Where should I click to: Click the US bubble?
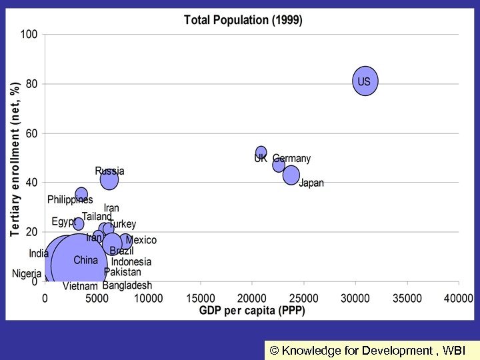pos(365,81)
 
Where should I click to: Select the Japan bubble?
pos(291,175)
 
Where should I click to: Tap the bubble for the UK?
pos(261,153)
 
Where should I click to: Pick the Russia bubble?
pos(109,179)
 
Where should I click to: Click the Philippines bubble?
pos(81,195)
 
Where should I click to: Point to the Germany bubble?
pos(279,165)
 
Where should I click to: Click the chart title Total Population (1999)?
pos(243,20)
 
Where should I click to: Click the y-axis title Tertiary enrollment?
pos(15,159)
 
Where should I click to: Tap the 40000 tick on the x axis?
pos(458,297)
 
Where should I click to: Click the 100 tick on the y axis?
pos(30,34)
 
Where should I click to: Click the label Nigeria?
pos(27,274)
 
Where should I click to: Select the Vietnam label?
pos(80,287)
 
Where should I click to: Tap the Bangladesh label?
pos(127,285)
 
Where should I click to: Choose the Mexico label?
pos(141,240)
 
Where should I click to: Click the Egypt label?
pos(64,221)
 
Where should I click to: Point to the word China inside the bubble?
pos(85,260)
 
